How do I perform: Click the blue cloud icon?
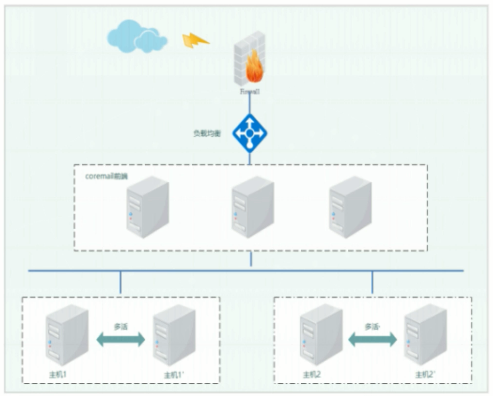click(136, 37)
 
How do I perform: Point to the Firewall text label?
click(249, 91)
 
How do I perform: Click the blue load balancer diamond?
click(250, 132)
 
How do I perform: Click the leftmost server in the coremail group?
click(147, 207)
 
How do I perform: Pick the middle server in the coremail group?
click(252, 207)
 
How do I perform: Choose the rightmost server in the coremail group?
click(350, 207)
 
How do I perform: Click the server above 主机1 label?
click(67, 335)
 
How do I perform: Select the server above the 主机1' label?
click(174, 335)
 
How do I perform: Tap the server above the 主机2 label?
click(321, 335)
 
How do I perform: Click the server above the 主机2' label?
click(426, 335)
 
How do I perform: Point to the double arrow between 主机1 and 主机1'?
click(121, 339)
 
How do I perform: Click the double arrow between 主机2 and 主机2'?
click(372, 339)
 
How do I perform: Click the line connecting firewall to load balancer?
click(250, 104)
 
